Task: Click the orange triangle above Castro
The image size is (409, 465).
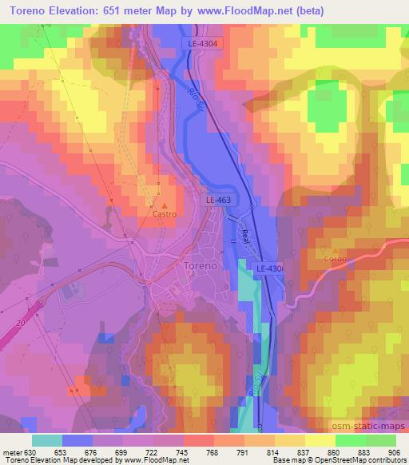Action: pos(165,205)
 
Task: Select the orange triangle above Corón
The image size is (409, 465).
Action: pos(336,249)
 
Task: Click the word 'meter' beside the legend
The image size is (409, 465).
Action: pos(13,451)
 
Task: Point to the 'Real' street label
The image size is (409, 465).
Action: pos(245,236)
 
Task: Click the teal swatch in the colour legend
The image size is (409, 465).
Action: pos(47,440)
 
